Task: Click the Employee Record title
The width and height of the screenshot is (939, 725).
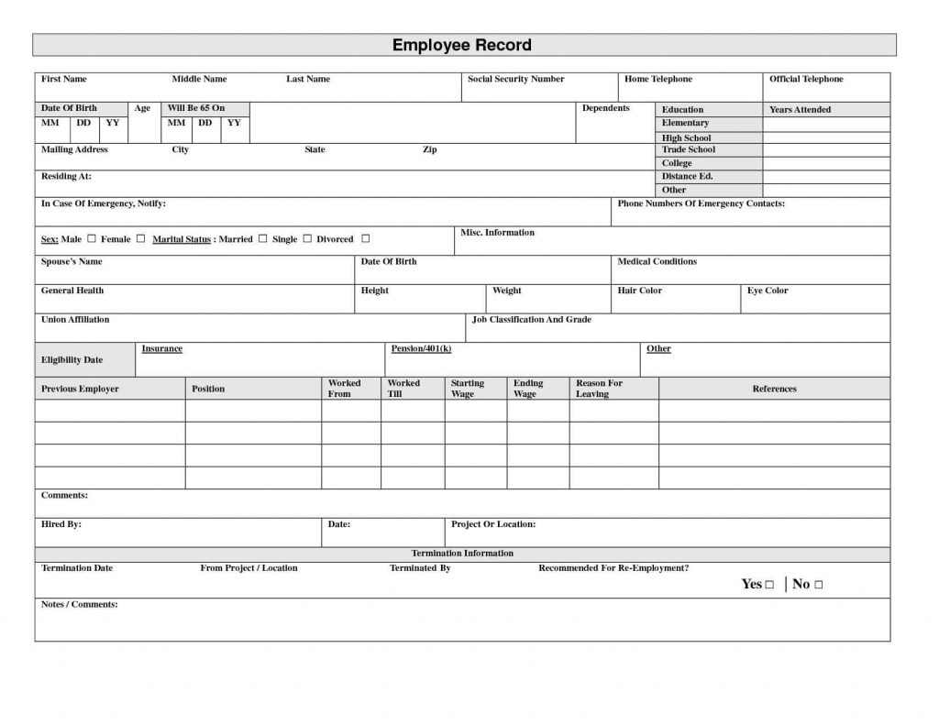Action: click(462, 45)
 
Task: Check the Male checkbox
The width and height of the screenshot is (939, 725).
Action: click(92, 238)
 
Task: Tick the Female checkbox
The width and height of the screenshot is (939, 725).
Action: click(140, 238)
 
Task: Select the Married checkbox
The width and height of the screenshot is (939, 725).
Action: click(262, 238)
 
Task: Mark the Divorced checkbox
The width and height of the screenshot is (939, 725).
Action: click(365, 238)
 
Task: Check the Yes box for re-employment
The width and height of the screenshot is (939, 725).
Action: click(769, 585)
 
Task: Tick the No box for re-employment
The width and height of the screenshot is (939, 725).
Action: click(818, 585)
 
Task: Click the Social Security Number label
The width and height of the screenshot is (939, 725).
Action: click(516, 80)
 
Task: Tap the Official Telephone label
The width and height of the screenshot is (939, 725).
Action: click(806, 80)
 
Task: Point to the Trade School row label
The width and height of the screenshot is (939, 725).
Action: click(688, 149)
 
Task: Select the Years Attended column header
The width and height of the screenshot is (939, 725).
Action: click(800, 110)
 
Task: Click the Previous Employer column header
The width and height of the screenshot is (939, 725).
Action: click(80, 390)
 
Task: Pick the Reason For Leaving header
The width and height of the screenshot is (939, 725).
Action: click(599, 389)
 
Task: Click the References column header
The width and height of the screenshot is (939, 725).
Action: click(774, 390)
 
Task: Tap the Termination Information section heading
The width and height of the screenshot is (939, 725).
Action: click(462, 554)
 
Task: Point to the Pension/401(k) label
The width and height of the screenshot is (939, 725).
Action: click(421, 349)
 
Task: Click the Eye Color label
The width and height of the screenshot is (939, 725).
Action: click(768, 291)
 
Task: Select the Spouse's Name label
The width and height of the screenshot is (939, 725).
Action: click(72, 262)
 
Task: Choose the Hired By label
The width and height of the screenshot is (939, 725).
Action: click(61, 525)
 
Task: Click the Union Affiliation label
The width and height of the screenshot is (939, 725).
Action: click(75, 320)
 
